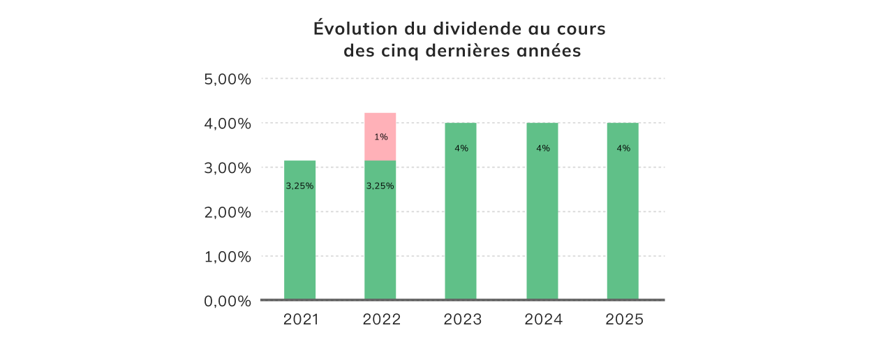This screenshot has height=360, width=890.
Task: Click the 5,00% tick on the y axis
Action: pos(227,79)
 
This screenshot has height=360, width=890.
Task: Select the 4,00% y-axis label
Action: pos(227,123)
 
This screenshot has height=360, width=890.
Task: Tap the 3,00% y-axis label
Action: pos(227,168)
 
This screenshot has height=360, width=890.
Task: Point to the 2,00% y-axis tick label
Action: pos(227,212)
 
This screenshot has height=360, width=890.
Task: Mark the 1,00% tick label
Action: pos(227,257)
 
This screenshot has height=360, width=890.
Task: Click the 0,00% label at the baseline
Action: pos(227,301)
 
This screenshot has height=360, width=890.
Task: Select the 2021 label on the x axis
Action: pos(301,320)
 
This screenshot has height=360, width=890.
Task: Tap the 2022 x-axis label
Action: pos(382,320)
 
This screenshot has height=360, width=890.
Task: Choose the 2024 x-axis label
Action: pos(543,320)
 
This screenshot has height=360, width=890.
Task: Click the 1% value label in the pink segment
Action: pos(381,137)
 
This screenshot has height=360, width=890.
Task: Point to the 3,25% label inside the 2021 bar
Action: pos(299,186)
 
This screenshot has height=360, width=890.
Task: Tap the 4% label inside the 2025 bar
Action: pos(623,149)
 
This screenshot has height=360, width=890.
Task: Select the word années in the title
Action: pos(548,51)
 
